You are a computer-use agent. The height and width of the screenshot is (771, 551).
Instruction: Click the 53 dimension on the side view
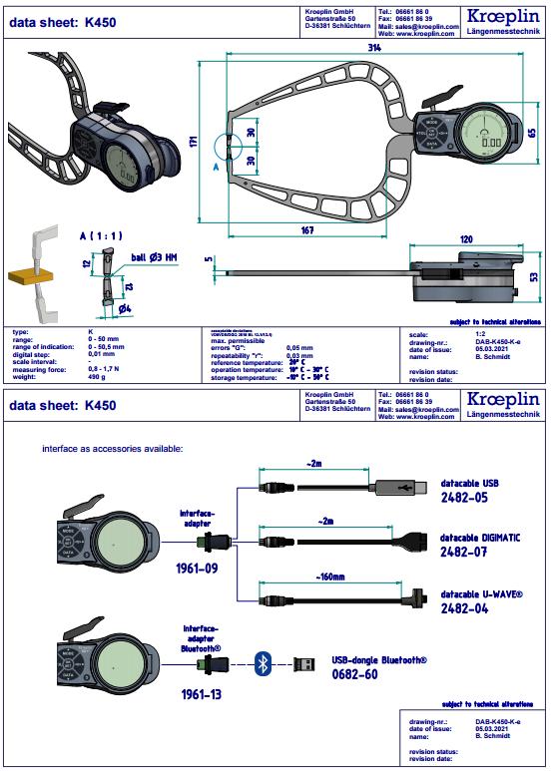coord(535,275)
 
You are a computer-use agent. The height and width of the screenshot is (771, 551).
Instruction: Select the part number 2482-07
coord(464,551)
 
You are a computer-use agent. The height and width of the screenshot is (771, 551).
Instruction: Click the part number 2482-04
coord(464,606)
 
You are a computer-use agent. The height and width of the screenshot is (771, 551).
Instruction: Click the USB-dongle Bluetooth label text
coord(378,659)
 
